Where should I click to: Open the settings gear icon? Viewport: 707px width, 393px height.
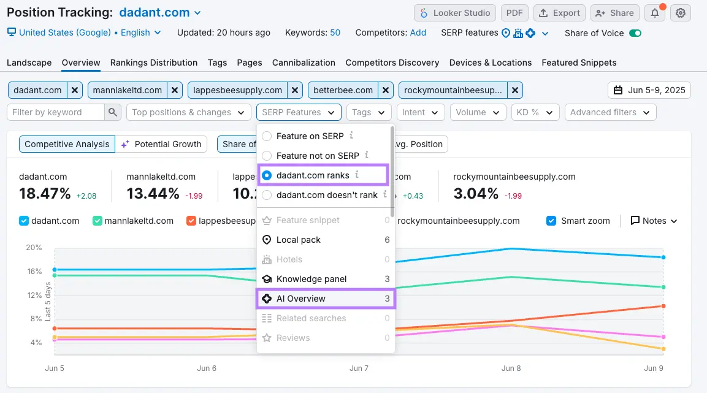[680, 13]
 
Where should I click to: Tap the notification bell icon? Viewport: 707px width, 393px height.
[654, 13]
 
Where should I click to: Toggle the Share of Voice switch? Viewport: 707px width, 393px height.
[635, 33]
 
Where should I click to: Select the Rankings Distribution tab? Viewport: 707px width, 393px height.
[154, 63]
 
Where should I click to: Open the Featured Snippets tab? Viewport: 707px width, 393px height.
[579, 63]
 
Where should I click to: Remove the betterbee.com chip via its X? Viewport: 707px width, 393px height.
[386, 90]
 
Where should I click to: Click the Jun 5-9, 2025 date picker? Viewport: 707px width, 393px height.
[649, 90]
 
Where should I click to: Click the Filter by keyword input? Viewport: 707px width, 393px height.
[56, 112]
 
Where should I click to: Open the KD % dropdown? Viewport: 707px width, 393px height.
[535, 112]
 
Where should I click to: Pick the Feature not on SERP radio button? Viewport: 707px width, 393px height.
[267, 156]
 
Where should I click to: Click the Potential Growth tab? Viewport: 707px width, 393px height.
[161, 144]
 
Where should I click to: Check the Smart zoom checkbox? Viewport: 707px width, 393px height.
[551, 221]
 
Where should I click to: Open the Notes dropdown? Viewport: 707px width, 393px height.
[654, 221]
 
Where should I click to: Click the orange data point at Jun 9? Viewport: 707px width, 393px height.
[664, 306]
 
